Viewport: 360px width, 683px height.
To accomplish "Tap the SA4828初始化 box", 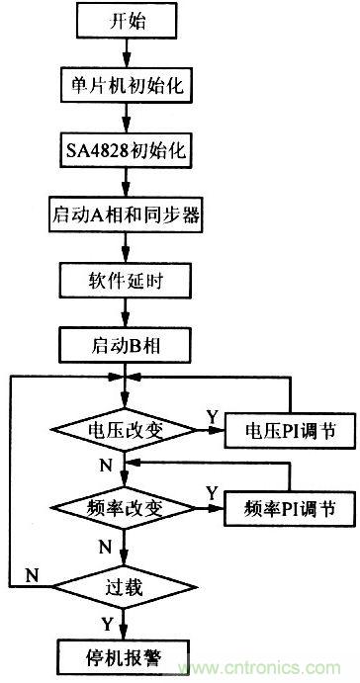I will click(125, 150).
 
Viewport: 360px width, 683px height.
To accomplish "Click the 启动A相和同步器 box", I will click(125, 213).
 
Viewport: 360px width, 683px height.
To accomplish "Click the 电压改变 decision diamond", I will click(125, 430).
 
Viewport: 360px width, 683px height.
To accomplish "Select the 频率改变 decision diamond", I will click(125, 508).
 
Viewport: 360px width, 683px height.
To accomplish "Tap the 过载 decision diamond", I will click(125, 587).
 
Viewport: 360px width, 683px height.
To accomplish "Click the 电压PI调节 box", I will click(288, 430).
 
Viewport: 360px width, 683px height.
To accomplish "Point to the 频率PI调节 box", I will click(288, 509).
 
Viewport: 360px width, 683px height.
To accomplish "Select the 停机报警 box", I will click(125, 653).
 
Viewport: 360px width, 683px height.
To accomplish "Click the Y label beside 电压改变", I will click(211, 415).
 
